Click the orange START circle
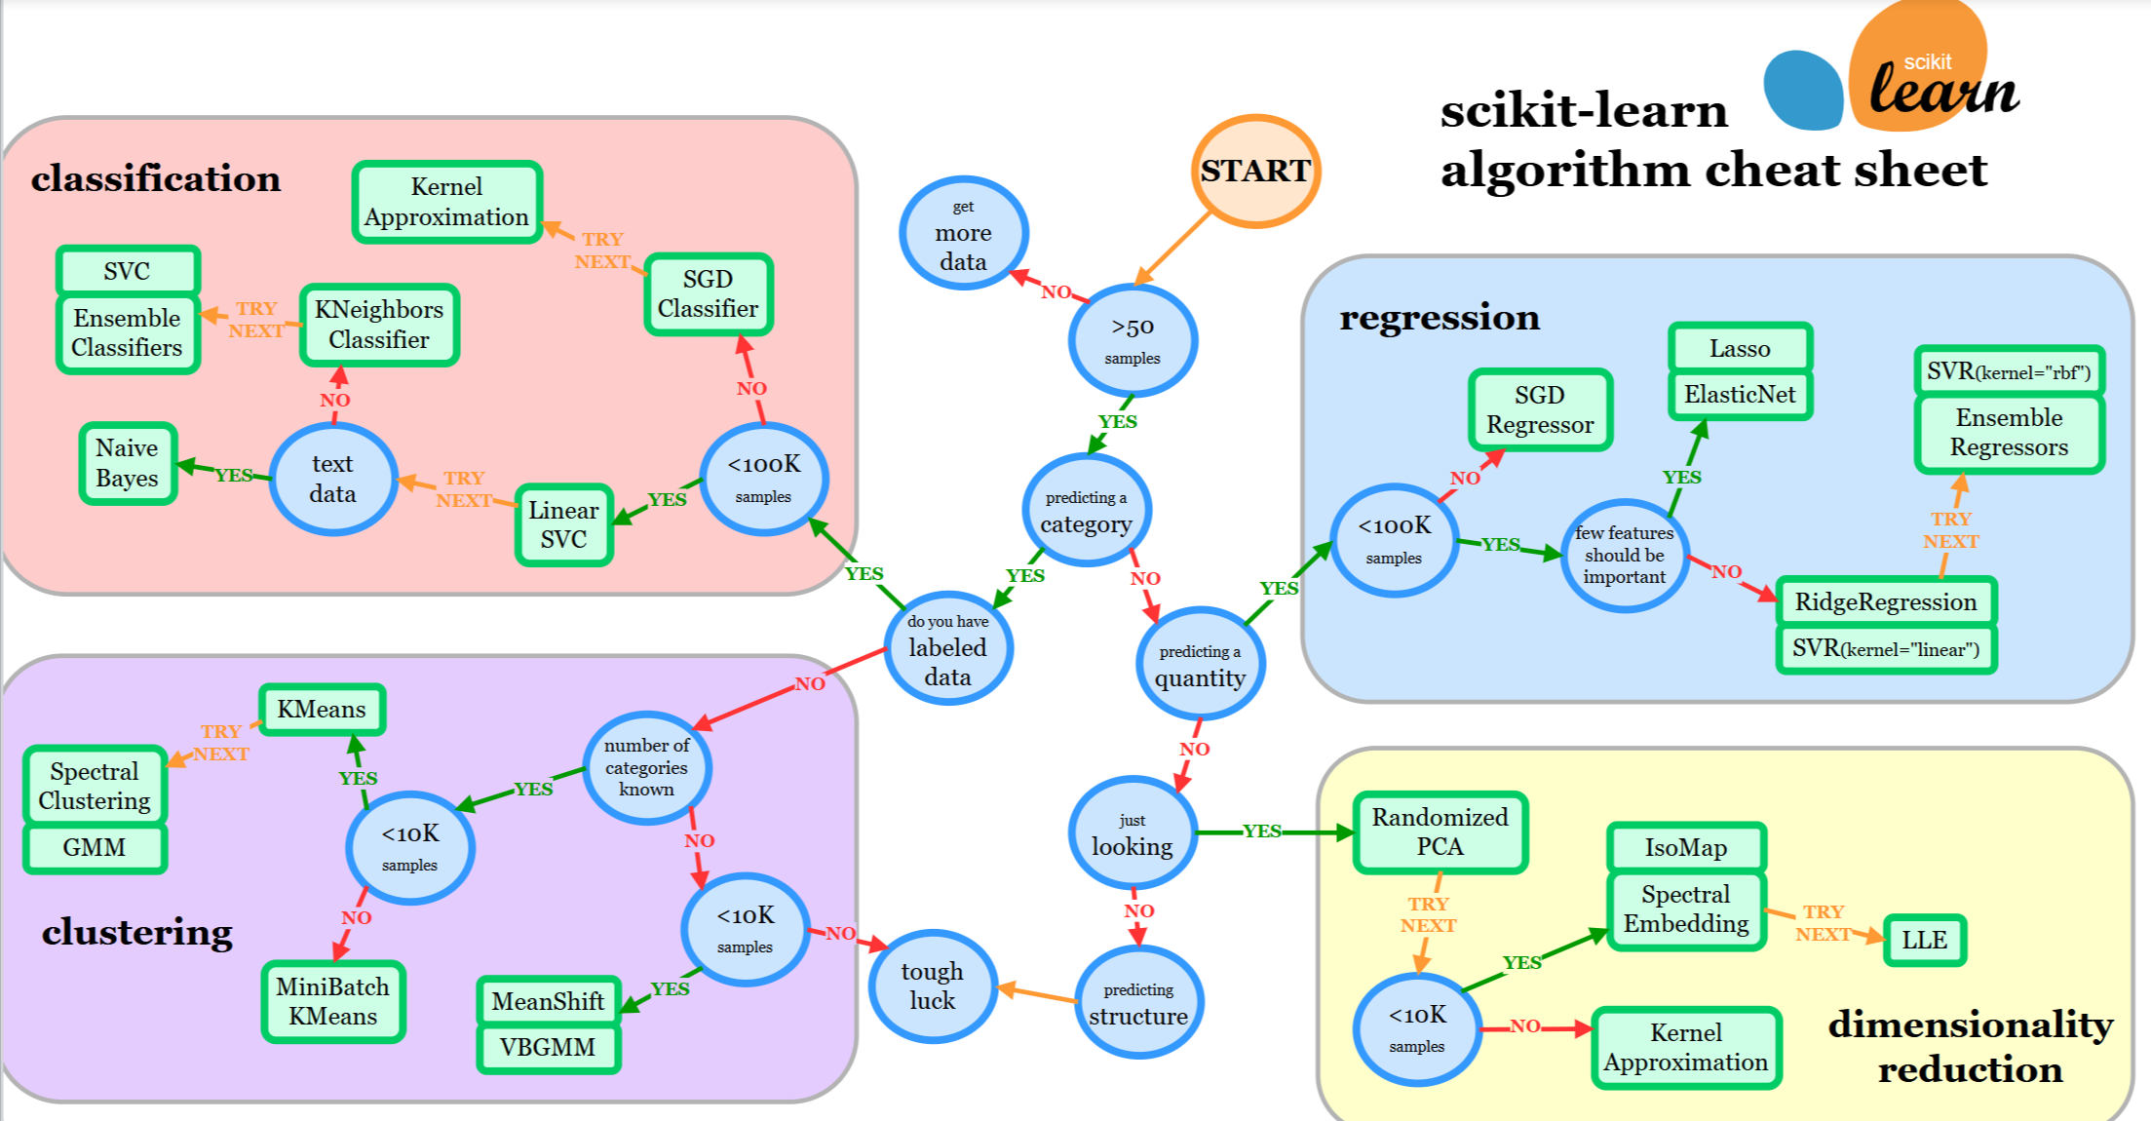(x=1255, y=172)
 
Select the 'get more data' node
(x=963, y=234)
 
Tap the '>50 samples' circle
(x=1133, y=340)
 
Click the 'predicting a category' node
(x=1086, y=511)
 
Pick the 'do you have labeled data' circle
(x=947, y=648)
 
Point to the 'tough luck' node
(x=932, y=986)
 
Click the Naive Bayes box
(x=127, y=463)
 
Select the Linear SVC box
(x=563, y=524)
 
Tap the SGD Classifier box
(x=708, y=294)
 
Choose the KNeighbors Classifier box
(x=378, y=325)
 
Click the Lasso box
(x=1740, y=348)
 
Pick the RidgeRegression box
(x=1886, y=601)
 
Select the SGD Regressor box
(x=1540, y=409)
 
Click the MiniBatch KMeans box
(x=332, y=1001)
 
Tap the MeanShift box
(x=548, y=1001)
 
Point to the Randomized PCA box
(x=1440, y=831)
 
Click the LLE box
(x=1924, y=940)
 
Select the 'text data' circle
(x=332, y=479)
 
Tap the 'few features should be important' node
(x=1624, y=556)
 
